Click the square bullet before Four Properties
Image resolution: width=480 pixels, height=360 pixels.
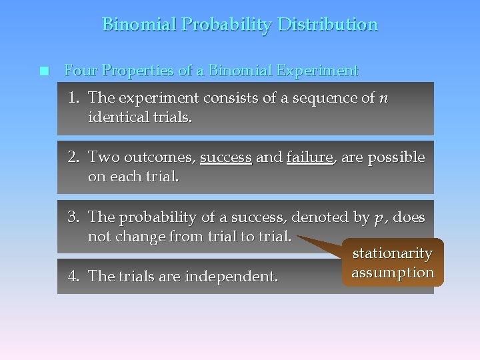(x=44, y=71)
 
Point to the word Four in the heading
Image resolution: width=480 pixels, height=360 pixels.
(x=79, y=71)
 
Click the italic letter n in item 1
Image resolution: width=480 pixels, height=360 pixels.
(x=383, y=98)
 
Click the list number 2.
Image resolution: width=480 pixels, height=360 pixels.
(x=73, y=158)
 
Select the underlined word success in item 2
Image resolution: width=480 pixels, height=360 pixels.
(x=225, y=158)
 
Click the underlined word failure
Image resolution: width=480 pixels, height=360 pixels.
(x=309, y=158)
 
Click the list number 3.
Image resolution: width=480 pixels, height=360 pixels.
(x=73, y=217)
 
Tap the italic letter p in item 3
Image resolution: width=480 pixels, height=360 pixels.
(x=379, y=218)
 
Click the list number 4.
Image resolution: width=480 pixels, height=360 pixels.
(x=73, y=276)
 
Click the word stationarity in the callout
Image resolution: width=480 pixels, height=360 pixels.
(x=392, y=253)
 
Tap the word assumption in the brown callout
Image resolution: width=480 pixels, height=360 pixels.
(x=393, y=272)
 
